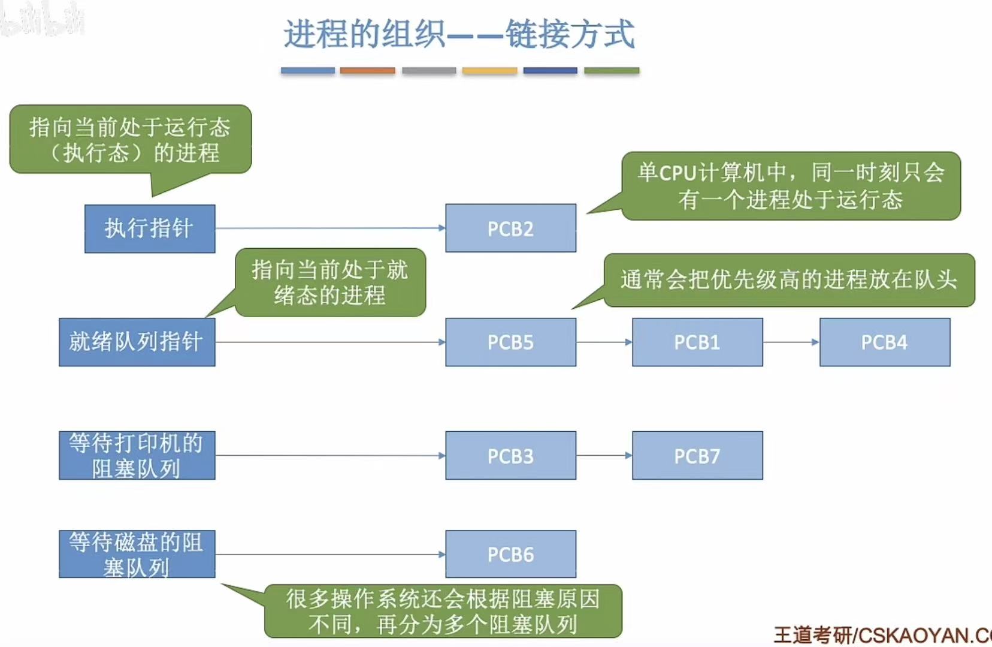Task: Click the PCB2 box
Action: pos(510,228)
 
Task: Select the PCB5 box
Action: pos(510,342)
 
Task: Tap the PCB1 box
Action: pos(697,342)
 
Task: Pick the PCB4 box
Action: pos(884,342)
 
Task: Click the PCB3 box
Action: pos(510,455)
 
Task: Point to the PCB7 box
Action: pos(697,455)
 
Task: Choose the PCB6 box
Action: pos(510,554)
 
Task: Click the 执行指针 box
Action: pos(150,228)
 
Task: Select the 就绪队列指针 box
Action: pos(137,342)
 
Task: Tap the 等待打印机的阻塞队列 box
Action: pos(137,455)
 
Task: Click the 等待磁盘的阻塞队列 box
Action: pos(137,554)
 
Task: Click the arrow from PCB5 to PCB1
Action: pos(604,342)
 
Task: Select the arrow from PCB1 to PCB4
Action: pos(791,342)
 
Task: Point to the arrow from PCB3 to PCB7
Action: pos(604,455)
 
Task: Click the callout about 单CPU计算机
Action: pos(791,186)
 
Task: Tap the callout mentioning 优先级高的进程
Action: pos(788,280)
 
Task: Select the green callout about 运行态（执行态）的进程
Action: pos(130,140)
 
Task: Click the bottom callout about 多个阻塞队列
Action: pos(443,611)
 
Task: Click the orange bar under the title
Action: pos(367,71)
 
